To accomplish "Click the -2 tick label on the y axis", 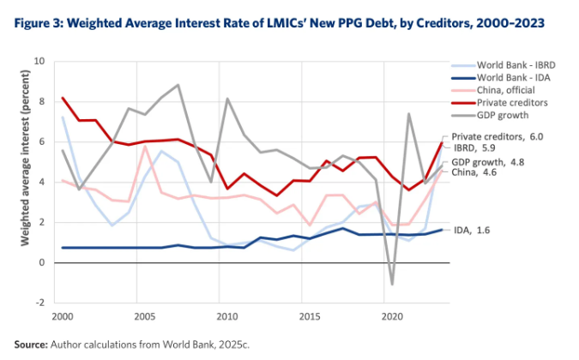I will pos(38,303).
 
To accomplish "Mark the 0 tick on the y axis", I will pos(39,262).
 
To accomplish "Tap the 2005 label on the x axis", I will pos(145,317).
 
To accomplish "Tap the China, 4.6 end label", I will pos(475,172).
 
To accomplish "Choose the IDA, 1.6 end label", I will pos(474,230).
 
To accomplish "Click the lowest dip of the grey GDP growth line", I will pos(391,284).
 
